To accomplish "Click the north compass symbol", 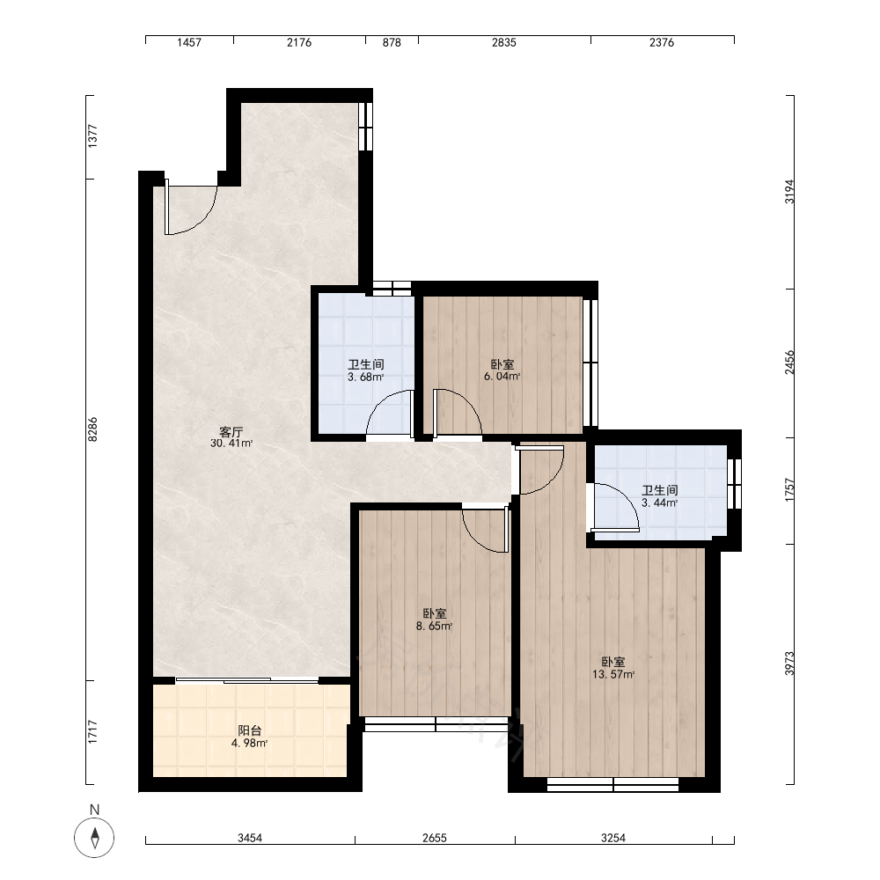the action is tap(94, 838).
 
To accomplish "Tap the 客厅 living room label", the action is tap(231, 432).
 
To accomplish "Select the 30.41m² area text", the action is tap(231, 444).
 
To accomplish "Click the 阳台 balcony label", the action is tap(250, 730).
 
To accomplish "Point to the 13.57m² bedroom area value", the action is tap(613, 675).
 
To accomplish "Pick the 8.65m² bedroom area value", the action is tap(435, 627).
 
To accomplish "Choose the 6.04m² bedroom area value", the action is tap(502, 377).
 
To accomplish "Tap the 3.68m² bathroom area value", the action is tap(366, 378).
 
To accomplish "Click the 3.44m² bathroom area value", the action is tap(659, 502).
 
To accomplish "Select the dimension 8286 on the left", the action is tap(92, 429).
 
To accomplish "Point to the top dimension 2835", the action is tap(504, 42).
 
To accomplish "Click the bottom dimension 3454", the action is tap(250, 838).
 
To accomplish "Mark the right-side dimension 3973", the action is tap(789, 664).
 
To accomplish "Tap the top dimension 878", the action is tap(392, 42).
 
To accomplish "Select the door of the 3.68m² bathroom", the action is tap(390, 413).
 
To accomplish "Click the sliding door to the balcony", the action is tap(247, 680).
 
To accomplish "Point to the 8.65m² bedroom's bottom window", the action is tap(436, 724).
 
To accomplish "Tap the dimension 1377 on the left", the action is tap(92, 136).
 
